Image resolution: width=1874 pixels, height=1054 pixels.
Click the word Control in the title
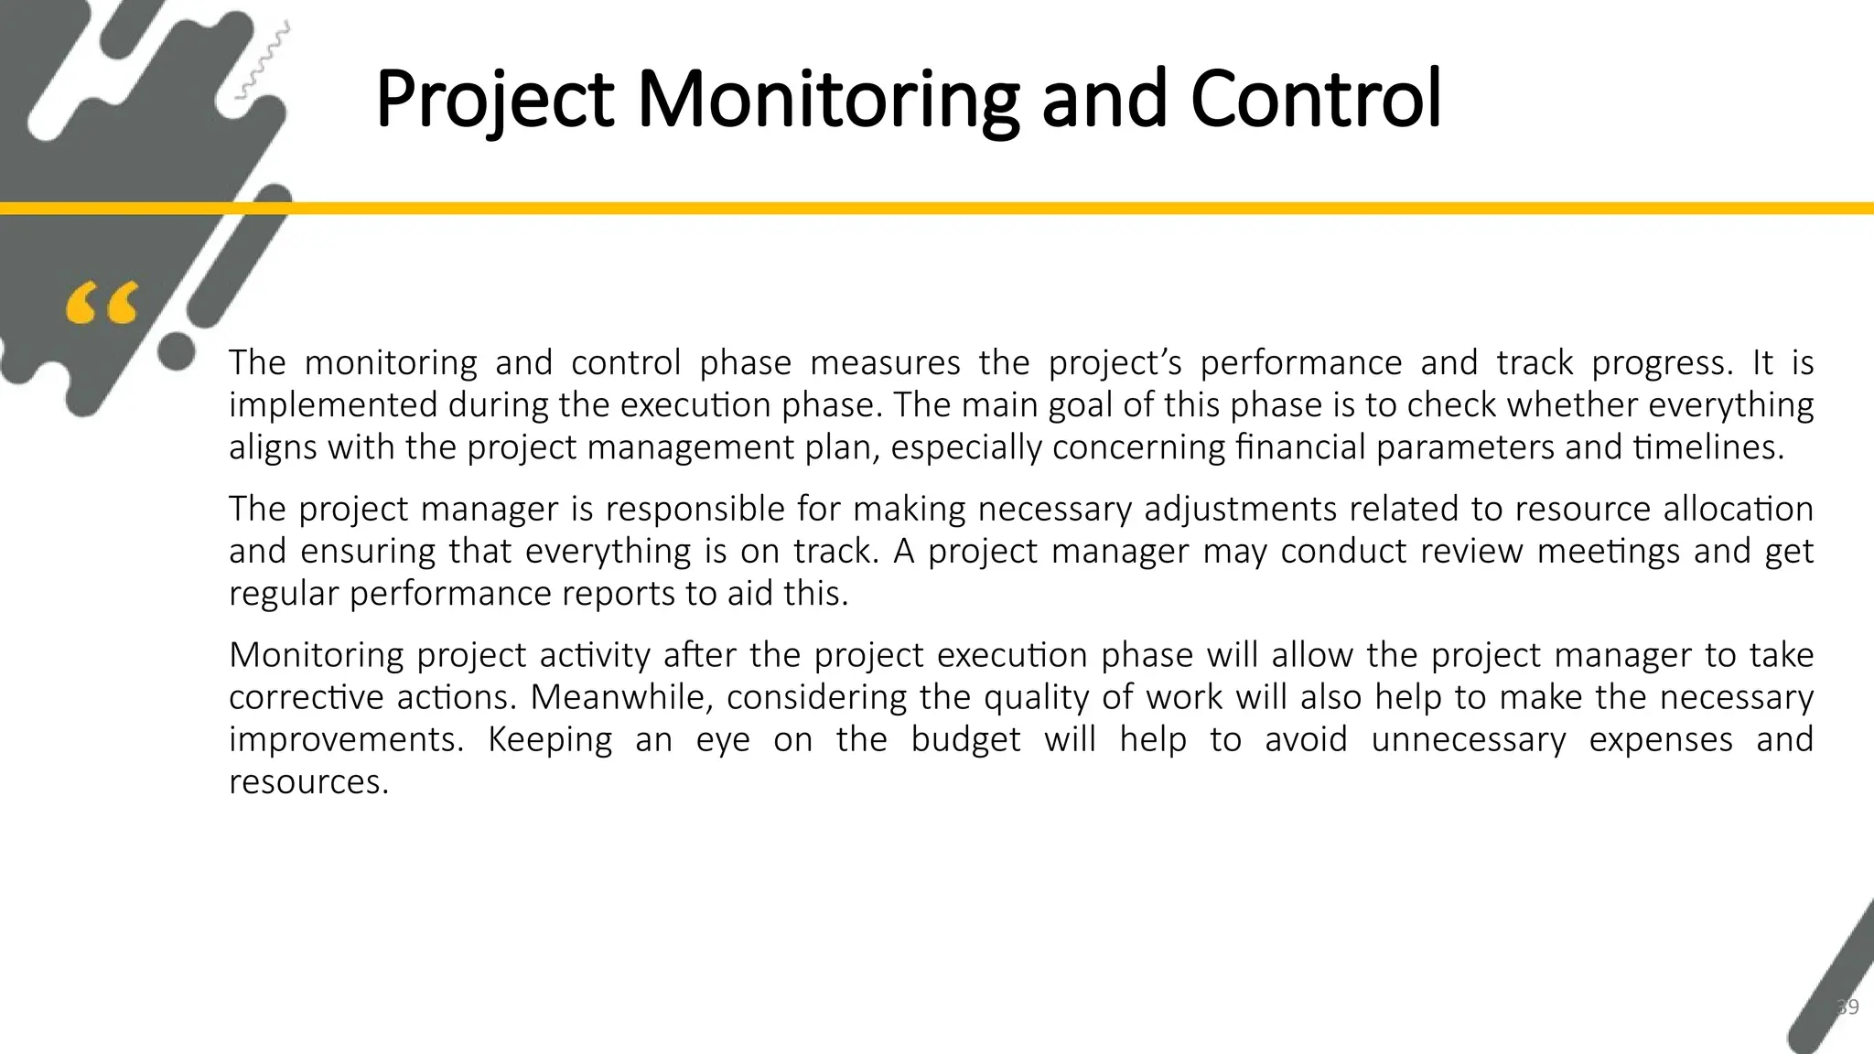pyautogui.click(x=1315, y=99)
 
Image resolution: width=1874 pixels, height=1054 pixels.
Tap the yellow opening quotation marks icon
pyautogui.click(x=102, y=304)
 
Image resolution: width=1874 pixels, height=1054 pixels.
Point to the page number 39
pyautogui.click(x=1847, y=1007)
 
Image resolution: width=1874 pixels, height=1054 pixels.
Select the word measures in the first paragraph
pyautogui.click(x=885, y=363)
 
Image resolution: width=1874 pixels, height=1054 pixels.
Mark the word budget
pyautogui.click(x=965, y=740)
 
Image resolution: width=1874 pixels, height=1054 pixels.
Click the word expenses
pyautogui.click(x=1660, y=740)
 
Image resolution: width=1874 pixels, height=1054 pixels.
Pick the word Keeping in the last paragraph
pyautogui.click(x=549, y=740)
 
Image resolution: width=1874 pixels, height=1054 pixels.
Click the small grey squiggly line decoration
pyautogui.click(x=264, y=60)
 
